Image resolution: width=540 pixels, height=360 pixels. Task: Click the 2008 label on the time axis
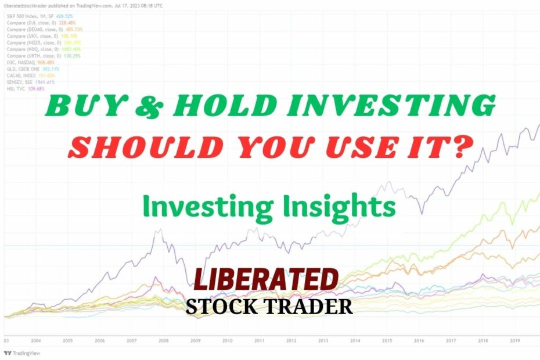click(x=163, y=341)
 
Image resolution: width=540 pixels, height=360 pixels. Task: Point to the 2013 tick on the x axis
click(x=322, y=341)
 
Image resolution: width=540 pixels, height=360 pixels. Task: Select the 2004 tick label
click(x=37, y=341)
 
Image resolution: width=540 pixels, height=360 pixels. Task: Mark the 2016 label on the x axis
click(x=417, y=341)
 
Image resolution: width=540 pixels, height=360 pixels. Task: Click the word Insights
click(x=343, y=206)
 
